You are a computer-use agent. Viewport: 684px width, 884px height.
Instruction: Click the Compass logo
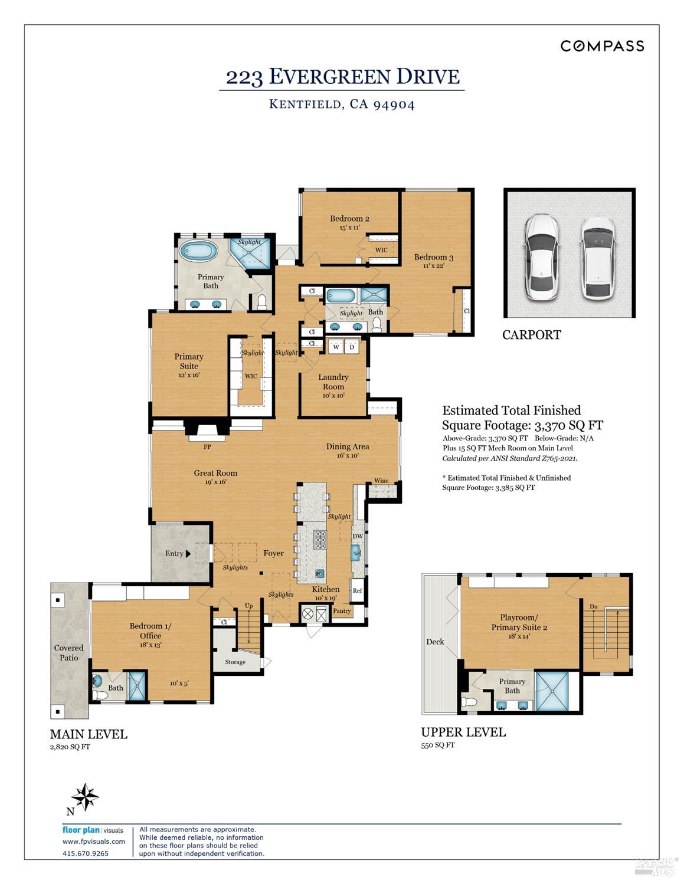pyautogui.click(x=602, y=46)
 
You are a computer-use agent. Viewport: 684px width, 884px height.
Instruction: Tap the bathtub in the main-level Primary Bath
pyautogui.click(x=198, y=251)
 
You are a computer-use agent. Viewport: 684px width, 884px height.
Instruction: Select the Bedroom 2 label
pyautogui.click(x=349, y=219)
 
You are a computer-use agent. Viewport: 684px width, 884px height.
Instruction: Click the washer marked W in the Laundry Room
pyautogui.click(x=336, y=347)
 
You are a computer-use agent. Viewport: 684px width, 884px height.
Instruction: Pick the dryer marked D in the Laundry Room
pyautogui.click(x=352, y=347)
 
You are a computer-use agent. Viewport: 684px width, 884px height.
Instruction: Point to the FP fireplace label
pyautogui.click(x=207, y=447)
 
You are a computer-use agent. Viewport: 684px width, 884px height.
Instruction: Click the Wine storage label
pyautogui.click(x=381, y=481)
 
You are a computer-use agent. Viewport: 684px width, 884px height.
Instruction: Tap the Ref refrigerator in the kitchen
pyautogui.click(x=357, y=590)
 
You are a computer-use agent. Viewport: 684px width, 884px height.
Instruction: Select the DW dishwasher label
pyautogui.click(x=357, y=537)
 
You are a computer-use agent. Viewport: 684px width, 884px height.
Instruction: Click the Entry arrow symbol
pyautogui.click(x=188, y=554)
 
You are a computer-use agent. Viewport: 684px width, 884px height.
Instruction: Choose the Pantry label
pyautogui.click(x=342, y=611)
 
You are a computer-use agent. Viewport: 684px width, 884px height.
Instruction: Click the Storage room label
pyautogui.click(x=235, y=662)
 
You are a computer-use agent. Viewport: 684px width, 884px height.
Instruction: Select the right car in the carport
pyautogui.click(x=597, y=257)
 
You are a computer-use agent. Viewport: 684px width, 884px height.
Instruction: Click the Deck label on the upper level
pyautogui.click(x=435, y=642)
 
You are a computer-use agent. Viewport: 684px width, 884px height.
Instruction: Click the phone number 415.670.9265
pyautogui.click(x=86, y=853)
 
